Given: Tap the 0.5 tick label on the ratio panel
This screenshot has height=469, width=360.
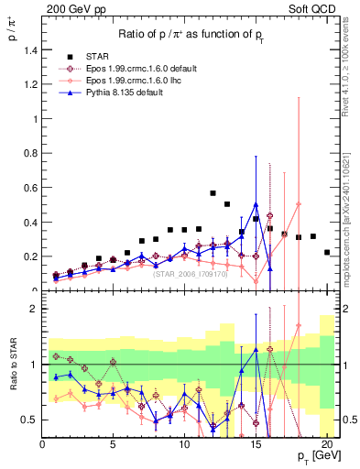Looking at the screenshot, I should pyautogui.click(x=30, y=420).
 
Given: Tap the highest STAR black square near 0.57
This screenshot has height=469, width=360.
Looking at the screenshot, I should pyautogui.click(x=213, y=193).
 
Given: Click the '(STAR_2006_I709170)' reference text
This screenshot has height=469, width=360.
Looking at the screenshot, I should pyautogui.click(x=189, y=273).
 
